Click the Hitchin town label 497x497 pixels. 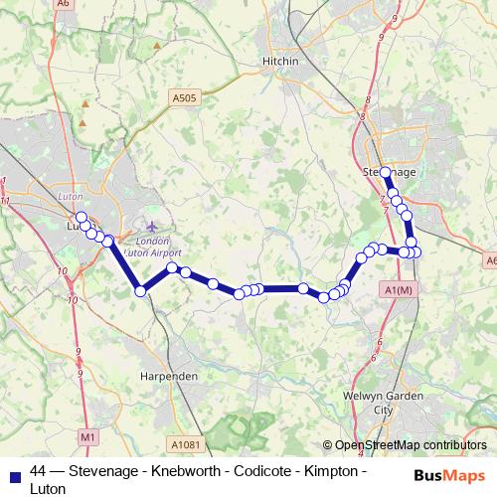(x=279, y=61)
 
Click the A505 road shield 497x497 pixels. (x=184, y=97)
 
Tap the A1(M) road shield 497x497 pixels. (x=395, y=288)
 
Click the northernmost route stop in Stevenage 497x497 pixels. (x=386, y=172)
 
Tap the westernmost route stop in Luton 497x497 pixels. (x=82, y=218)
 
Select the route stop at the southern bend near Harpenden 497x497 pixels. (x=141, y=290)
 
